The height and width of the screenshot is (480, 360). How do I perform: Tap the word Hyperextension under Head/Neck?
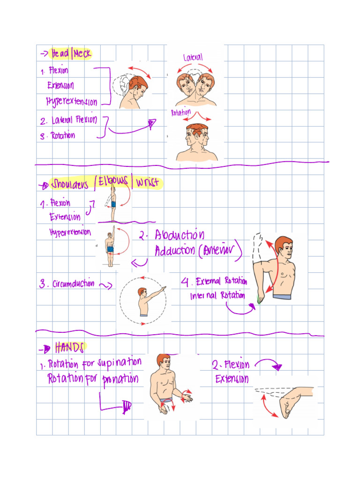(72, 101)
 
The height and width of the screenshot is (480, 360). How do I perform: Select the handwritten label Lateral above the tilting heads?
(193, 57)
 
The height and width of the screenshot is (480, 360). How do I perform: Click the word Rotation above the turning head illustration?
(180, 112)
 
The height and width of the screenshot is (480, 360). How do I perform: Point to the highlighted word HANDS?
(69, 347)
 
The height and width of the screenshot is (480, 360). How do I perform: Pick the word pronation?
(120, 379)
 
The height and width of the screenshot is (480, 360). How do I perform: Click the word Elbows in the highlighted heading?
(113, 184)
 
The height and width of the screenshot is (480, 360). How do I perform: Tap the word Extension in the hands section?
(232, 379)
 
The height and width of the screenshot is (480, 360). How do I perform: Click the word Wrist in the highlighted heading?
(146, 183)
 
